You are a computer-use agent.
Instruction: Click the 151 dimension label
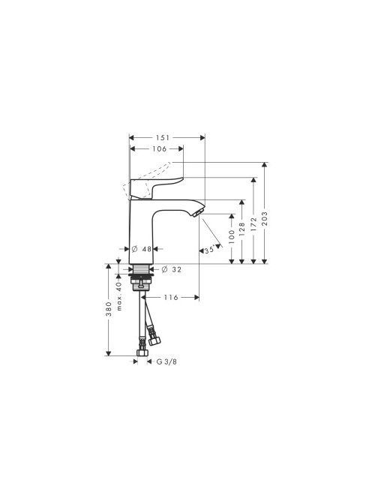pyautogui.click(x=162, y=137)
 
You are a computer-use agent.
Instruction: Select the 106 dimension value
pyautogui.click(x=160, y=148)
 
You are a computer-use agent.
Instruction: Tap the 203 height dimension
pyautogui.click(x=265, y=218)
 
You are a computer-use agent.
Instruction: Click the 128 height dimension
pyautogui.click(x=242, y=229)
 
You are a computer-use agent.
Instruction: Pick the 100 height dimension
pyautogui.click(x=231, y=236)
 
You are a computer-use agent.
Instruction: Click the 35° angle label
pyautogui.click(x=209, y=250)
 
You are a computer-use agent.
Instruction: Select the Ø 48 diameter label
pyautogui.click(x=142, y=249)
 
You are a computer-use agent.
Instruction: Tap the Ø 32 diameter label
pyautogui.click(x=171, y=270)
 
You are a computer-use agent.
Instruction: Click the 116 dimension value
pyautogui.click(x=171, y=297)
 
